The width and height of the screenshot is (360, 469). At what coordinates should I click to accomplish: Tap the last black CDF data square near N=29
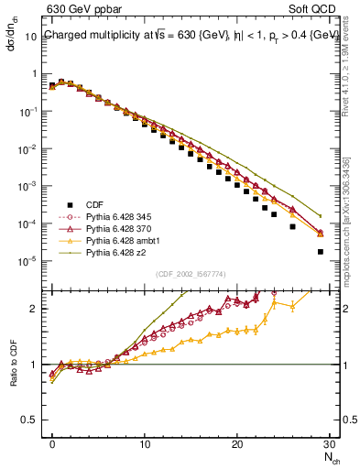(x=320, y=252)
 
